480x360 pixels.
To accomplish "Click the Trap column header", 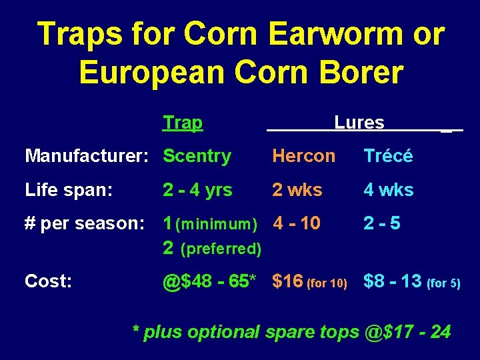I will (x=183, y=123).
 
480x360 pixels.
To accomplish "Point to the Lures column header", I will (x=359, y=123).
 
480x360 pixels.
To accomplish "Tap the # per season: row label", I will (x=85, y=224).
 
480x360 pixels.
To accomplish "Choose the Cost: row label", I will (x=49, y=281).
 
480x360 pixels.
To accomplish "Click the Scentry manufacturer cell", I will (x=197, y=156).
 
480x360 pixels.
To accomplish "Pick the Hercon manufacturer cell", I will (x=303, y=156).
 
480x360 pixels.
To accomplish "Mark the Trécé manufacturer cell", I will (x=388, y=156).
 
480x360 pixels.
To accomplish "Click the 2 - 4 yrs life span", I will (x=197, y=190).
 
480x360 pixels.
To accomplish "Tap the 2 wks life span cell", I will (x=297, y=190).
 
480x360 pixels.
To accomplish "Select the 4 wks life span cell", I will (x=388, y=190).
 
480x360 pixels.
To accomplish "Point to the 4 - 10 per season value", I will (x=297, y=224).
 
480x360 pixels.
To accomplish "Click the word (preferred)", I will (x=221, y=249).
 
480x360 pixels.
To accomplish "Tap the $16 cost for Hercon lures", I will (x=287, y=281).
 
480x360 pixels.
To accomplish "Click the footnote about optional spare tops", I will (x=291, y=331).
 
